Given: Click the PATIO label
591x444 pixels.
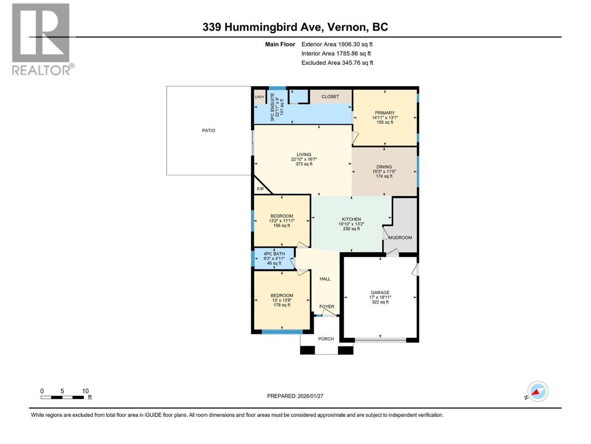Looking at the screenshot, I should [x=208, y=131].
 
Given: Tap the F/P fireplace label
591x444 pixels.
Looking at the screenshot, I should [x=260, y=189].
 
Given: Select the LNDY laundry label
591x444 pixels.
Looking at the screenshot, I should [x=260, y=97].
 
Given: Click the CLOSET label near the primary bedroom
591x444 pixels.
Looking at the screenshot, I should [x=330, y=97].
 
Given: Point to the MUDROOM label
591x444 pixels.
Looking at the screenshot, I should [x=400, y=238].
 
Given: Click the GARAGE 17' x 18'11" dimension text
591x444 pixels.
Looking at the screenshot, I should [x=380, y=297].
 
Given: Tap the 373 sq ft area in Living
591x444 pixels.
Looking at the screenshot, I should [x=304, y=164].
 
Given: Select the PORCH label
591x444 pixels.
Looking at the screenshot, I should [x=326, y=339].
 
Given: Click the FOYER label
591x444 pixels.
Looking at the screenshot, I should [x=327, y=307].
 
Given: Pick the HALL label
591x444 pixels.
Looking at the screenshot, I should [x=325, y=279].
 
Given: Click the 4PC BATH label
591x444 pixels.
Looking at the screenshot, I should [x=274, y=254].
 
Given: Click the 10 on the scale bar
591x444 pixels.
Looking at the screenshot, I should [x=85, y=391].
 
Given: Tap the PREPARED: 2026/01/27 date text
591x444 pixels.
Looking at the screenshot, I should [x=295, y=396].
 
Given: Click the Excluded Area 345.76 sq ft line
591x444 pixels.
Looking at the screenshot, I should [x=337, y=63].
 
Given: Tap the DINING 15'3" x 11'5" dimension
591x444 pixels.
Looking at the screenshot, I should [x=384, y=172].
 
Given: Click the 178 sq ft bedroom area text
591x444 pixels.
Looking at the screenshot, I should [x=281, y=305].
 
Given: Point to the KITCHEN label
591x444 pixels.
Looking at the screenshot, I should [x=351, y=219].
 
